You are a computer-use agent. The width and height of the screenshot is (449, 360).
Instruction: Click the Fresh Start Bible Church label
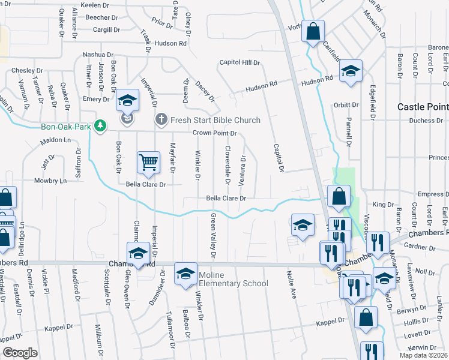215,120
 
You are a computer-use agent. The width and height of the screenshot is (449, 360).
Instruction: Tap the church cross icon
161,120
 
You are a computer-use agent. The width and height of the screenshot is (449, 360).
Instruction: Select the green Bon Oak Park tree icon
102,126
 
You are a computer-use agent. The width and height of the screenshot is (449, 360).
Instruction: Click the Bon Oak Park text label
68,127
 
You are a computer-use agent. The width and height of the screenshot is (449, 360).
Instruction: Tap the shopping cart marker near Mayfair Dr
148,161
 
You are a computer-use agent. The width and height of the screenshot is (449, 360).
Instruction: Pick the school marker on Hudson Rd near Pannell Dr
350,71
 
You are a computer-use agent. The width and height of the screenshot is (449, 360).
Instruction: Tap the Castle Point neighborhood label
423,107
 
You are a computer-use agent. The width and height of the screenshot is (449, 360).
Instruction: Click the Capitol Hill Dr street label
240,62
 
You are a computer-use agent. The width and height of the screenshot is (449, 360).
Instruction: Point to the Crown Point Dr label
215,133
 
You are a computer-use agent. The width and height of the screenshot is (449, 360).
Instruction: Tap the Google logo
20,352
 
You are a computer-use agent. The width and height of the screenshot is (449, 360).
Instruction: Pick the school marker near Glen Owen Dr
137,253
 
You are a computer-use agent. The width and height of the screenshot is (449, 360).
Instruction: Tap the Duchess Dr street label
426,121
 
